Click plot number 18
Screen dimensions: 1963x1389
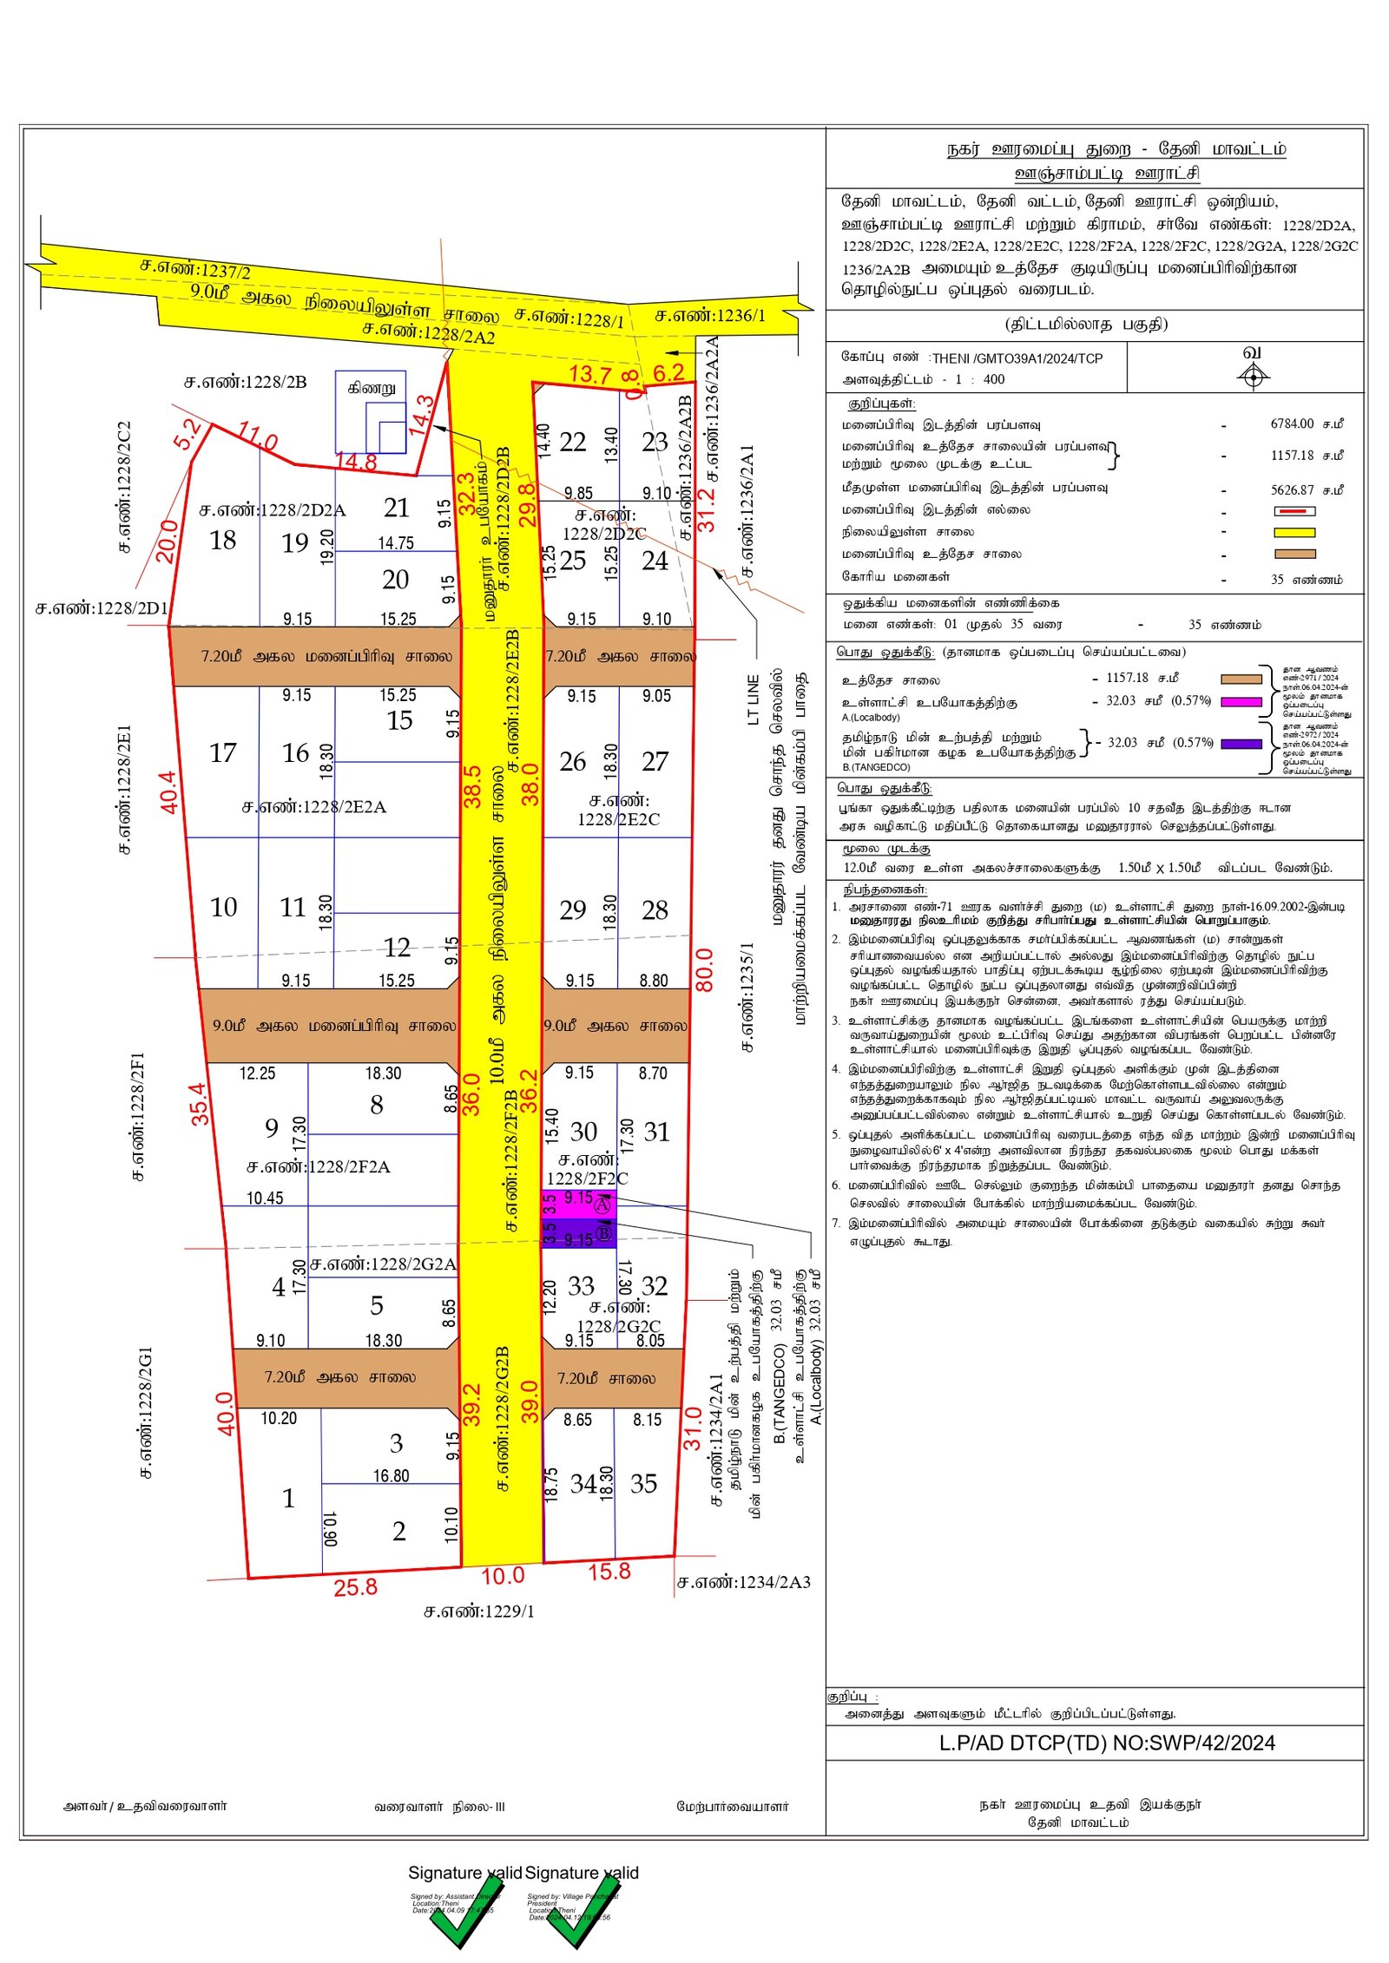pos(223,541)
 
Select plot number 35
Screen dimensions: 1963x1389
pos(643,1484)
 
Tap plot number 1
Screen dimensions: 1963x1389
pos(288,1499)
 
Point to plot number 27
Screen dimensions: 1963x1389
pos(655,762)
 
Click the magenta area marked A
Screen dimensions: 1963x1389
pos(580,1204)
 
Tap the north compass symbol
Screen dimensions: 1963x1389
pos(1253,376)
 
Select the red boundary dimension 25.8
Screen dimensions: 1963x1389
pos(355,1587)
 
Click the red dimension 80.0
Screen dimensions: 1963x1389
pos(704,970)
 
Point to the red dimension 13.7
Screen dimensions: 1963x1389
pos(590,375)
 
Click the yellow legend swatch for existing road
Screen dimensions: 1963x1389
pos(1294,532)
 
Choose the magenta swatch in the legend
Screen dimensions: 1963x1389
pos(1241,701)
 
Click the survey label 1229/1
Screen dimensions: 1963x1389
pos(479,1612)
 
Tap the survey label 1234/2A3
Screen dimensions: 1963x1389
pos(744,1582)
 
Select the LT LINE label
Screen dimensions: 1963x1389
pos(753,699)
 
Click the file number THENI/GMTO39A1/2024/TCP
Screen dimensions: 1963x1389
pos(1017,358)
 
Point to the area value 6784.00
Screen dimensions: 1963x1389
pos(1292,423)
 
